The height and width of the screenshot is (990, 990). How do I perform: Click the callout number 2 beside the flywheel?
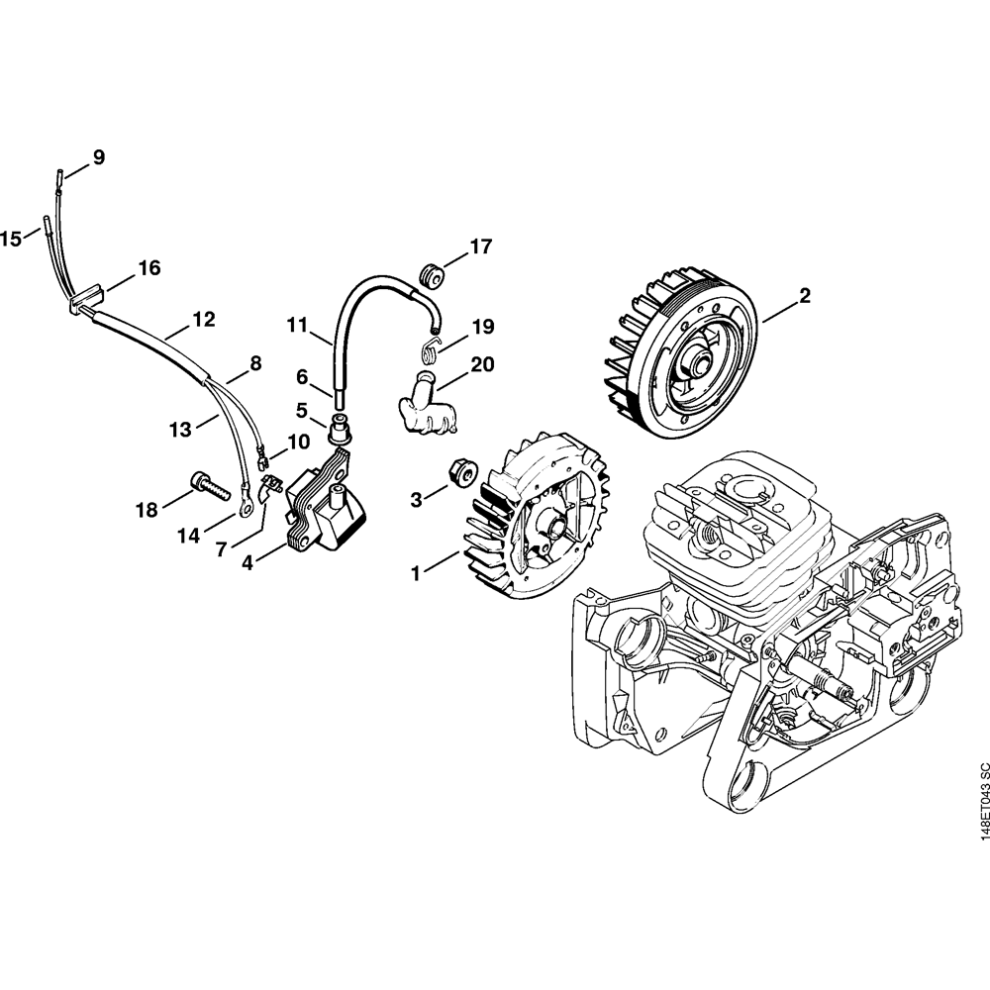tap(804, 295)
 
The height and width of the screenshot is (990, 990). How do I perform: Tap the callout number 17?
tap(480, 247)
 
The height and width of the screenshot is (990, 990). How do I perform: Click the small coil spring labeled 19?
tap(430, 349)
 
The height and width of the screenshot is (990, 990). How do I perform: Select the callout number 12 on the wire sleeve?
tap(203, 319)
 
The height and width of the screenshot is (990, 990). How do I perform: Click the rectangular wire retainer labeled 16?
tap(81, 299)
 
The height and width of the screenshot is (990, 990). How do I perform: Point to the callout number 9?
tap(99, 157)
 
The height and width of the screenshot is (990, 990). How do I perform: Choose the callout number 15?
tap(11, 239)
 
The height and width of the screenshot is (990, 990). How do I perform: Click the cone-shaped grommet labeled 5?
tap(339, 428)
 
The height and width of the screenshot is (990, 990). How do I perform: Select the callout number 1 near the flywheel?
tap(416, 573)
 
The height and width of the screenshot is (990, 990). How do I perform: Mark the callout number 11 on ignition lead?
tap(297, 326)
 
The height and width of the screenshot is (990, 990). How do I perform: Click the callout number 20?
tap(482, 364)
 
